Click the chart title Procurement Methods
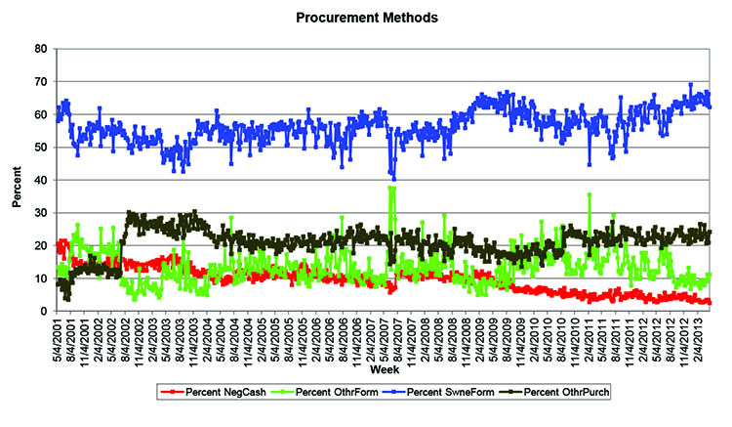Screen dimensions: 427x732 pyautogui.click(x=369, y=17)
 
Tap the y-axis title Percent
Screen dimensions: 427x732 pyautogui.click(x=17, y=180)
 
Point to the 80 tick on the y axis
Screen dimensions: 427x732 pyautogui.click(x=41, y=49)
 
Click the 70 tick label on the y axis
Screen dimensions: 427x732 pyautogui.click(x=41, y=82)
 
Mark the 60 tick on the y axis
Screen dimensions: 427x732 pyautogui.click(x=41, y=114)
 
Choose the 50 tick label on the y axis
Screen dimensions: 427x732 pyautogui.click(x=41, y=148)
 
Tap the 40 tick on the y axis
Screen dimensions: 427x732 pyautogui.click(x=41, y=181)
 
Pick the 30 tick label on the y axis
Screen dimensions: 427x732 pyautogui.click(x=41, y=213)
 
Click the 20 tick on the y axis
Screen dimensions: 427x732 pyautogui.click(x=41, y=246)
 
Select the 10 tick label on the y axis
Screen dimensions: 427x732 pyautogui.click(x=41, y=278)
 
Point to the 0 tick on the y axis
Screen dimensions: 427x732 pyautogui.click(x=44, y=312)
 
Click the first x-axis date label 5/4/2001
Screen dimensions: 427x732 pyautogui.click(x=61, y=338)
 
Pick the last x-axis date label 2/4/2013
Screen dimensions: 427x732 pyautogui.click(x=701, y=338)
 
